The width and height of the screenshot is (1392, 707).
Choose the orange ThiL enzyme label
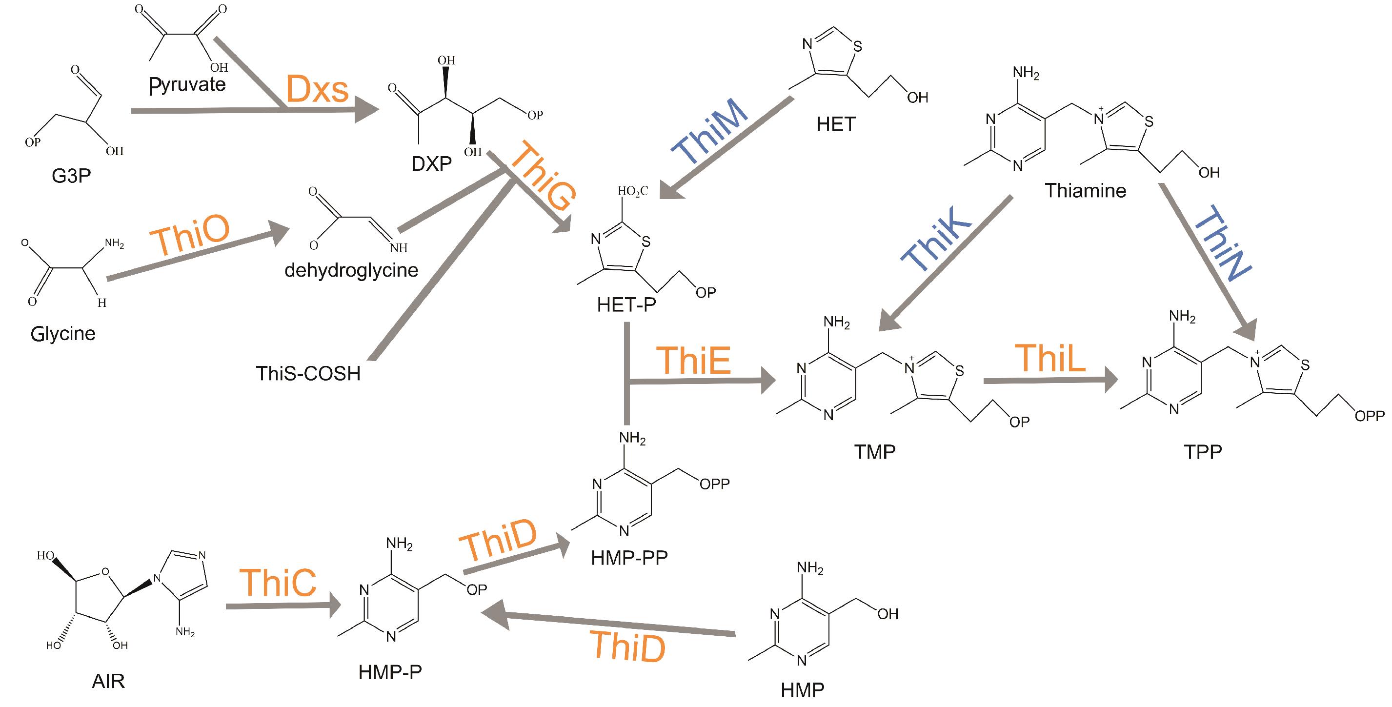tap(1050, 358)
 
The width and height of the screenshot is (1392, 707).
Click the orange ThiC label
tap(278, 583)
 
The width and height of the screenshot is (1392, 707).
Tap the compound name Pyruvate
tap(187, 84)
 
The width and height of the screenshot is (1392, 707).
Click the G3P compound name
tap(71, 176)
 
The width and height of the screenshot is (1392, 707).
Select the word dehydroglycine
tap(351, 270)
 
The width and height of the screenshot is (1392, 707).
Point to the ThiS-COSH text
tap(308, 373)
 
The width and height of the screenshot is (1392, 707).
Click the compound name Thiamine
tap(1085, 190)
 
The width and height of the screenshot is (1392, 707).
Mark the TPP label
tap(1202, 452)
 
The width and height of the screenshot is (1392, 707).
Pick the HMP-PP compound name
tap(629, 558)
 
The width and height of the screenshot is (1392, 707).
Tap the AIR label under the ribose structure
tap(108, 681)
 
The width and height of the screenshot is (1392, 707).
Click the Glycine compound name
tap(63, 334)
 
